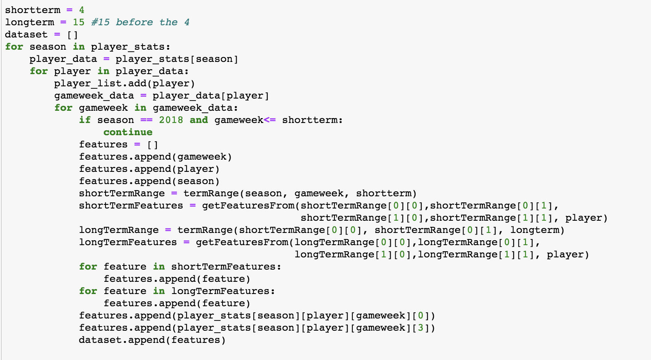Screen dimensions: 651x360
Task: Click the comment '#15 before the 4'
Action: tap(140, 22)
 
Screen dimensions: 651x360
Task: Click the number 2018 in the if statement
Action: tap(171, 120)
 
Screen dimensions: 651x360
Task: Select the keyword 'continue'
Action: tap(128, 132)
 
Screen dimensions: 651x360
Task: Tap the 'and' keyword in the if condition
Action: tap(199, 120)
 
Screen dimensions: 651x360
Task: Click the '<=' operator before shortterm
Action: tap(270, 120)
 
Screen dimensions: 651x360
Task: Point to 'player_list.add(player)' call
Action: tap(124, 83)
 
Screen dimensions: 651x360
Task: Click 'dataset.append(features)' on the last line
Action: tap(152, 340)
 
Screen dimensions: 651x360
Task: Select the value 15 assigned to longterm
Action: tap(79, 22)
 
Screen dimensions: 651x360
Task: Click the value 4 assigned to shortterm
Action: tap(81, 10)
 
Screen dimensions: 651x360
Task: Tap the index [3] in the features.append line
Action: tap(420, 327)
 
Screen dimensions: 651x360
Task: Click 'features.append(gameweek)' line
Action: tap(155, 156)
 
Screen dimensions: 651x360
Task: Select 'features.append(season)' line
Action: tap(149, 181)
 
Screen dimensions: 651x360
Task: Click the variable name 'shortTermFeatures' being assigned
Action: tap(131, 205)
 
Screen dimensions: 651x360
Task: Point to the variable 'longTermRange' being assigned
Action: tap(119, 230)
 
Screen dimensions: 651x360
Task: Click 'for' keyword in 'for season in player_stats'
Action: tap(14, 46)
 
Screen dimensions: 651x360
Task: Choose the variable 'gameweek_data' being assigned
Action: tap(94, 95)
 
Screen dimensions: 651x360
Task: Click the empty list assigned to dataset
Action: tap(73, 34)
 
